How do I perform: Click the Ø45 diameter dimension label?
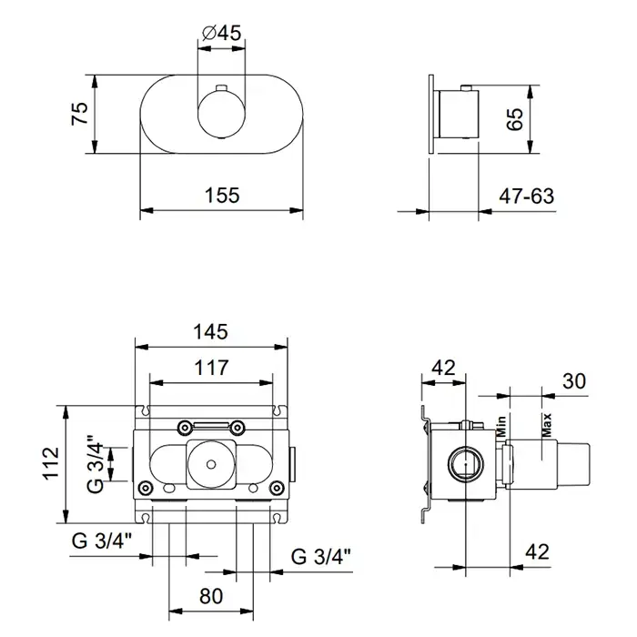tap(221, 34)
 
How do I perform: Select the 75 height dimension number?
tap(80, 114)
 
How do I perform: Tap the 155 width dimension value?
tap(222, 196)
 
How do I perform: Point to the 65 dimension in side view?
tap(516, 119)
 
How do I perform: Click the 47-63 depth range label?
tap(527, 197)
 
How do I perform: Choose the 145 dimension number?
tap(210, 332)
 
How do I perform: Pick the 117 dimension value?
tap(211, 368)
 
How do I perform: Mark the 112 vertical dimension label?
tap(52, 463)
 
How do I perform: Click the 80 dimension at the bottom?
tap(211, 597)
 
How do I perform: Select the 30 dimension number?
tap(574, 381)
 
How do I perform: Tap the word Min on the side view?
tap(501, 426)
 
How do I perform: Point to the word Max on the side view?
tap(547, 425)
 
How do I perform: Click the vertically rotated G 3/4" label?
tap(96, 464)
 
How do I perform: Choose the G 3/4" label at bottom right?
tap(321, 557)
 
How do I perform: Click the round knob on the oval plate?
tap(222, 115)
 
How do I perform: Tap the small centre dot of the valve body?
tap(211, 464)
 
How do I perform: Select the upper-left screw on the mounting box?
tap(186, 427)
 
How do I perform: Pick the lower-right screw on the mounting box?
tap(277, 487)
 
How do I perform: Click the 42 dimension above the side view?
tap(444, 368)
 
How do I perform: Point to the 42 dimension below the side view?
tap(537, 551)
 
